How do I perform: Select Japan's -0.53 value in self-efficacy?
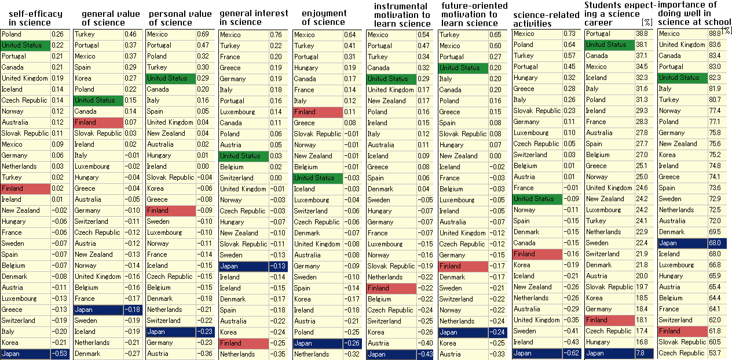60,354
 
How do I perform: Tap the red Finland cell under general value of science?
98,122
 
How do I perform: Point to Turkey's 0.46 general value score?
133,35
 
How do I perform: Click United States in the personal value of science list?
170,78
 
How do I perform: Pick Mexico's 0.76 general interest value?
278,35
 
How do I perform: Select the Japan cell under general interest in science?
244,266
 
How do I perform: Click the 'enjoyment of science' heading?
324,18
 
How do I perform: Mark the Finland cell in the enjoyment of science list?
318,112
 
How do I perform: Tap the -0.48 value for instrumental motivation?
426,354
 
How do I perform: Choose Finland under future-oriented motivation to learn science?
463,266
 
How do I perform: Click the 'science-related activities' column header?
546,19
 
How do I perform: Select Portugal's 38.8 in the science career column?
642,34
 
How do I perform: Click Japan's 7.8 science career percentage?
642,353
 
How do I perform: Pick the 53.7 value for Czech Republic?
715,353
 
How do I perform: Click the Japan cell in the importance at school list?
682,243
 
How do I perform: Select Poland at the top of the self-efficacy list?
25,34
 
